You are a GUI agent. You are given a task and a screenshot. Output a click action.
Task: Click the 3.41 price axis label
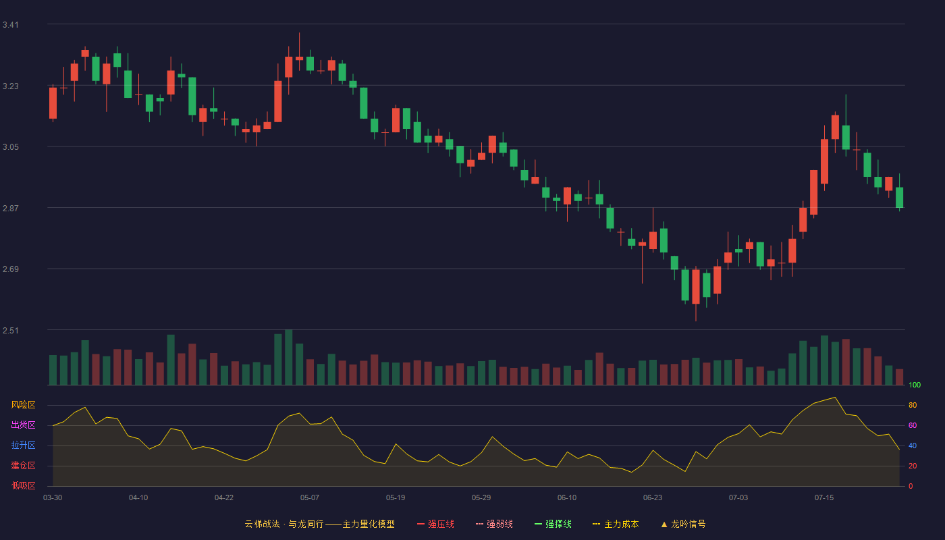point(11,25)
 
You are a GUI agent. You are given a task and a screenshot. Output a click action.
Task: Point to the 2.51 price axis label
point(11,330)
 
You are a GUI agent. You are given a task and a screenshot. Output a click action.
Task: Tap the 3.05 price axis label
point(11,147)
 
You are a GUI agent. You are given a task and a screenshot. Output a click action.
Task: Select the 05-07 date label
point(310,498)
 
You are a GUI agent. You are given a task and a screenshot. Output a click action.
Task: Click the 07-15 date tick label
point(824,498)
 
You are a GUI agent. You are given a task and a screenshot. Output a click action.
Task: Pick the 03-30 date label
point(53,498)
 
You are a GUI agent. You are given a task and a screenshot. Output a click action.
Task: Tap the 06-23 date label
point(653,498)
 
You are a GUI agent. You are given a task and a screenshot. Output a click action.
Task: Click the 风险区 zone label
point(23,405)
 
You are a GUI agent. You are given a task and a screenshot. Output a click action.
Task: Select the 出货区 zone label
point(23,425)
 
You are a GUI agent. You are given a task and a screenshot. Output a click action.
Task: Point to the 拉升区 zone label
point(23,445)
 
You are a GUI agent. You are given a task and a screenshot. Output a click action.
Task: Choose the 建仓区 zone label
point(23,465)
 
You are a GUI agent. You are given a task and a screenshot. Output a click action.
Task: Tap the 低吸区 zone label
point(23,485)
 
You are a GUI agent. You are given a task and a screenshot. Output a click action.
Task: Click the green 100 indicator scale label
point(915,385)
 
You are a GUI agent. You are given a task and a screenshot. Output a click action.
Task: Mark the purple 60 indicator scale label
point(913,425)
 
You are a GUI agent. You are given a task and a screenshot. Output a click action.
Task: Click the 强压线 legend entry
point(435,524)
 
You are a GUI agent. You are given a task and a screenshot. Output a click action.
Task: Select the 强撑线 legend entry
point(553,524)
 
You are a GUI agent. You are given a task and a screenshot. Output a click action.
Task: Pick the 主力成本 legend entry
point(616,524)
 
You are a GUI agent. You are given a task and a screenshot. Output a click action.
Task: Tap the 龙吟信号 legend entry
point(683,524)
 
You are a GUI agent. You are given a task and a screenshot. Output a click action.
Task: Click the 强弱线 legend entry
point(494,524)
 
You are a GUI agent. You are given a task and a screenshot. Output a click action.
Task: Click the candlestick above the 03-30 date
point(53,103)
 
